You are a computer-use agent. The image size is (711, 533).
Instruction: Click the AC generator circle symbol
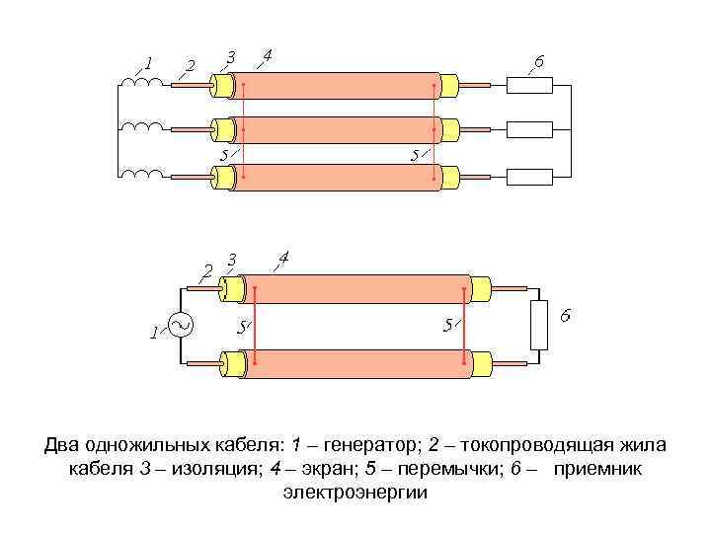click(x=181, y=325)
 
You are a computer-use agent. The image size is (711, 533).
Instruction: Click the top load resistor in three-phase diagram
click(x=529, y=85)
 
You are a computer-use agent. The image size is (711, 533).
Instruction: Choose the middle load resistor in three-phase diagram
click(x=529, y=129)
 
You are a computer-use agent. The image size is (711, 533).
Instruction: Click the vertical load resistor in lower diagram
click(x=539, y=325)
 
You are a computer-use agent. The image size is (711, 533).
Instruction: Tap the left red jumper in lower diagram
click(x=255, y=326)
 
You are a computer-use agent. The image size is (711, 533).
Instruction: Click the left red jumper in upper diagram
click(x=243, y=129)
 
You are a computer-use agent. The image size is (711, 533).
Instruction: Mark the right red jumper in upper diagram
click(x=434, y=129)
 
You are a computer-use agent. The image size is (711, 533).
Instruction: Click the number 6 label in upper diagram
click(x=539, y=61)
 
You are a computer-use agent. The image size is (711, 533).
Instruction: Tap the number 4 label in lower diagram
click(x=283, y=258)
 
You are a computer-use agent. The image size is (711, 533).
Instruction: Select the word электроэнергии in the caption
click(x=355, y=491)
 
